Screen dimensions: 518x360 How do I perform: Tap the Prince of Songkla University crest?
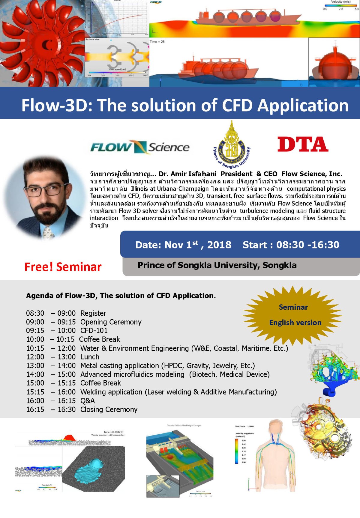[x=231, y=144]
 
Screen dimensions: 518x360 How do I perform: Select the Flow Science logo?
[x=140, y=147]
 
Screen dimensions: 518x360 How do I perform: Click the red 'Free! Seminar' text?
[x=63, y=267]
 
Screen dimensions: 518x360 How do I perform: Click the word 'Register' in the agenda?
[x=93, y=313]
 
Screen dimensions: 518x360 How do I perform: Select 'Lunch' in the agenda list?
[x=90, y=357]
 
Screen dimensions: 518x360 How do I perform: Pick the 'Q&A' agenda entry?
[x=88, y=401]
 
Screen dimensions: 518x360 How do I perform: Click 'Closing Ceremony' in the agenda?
[x=109, y=409]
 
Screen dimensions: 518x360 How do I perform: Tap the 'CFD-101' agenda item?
[x=94, y=331]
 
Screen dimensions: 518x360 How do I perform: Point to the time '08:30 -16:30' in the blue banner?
[x=307, y=245]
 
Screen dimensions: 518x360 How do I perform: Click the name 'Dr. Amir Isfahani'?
[x=187, y=174]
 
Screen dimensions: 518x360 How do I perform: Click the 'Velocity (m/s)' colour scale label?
[x=340, y=2]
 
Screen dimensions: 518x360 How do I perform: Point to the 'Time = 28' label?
[x=157, y=42]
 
